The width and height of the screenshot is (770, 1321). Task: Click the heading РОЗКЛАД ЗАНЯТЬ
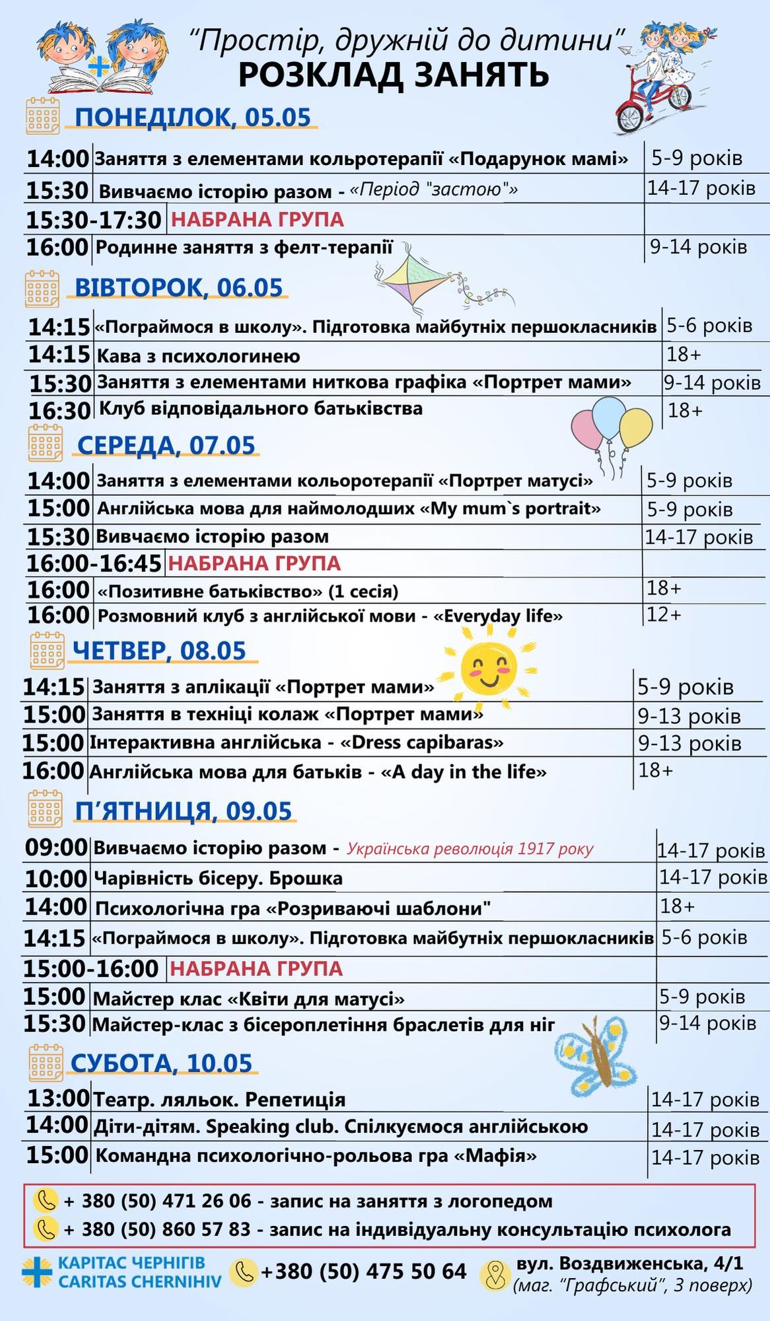(x=394, y=75)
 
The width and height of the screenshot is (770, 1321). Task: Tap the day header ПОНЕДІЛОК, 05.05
(x=192, y=117)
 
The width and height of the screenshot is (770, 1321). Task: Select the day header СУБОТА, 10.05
(x=161, y=1063)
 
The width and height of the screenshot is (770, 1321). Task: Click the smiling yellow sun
(x=489, y=667)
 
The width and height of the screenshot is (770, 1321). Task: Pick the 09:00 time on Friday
(x=56, y=847)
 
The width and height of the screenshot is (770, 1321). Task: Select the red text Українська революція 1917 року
(x=470, y=849)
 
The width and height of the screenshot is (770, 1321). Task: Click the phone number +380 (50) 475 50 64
(x=363, y=1271)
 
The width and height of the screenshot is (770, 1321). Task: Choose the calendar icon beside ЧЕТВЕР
(x=47, y=651)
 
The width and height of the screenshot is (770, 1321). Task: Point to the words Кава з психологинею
(x=198, y=356)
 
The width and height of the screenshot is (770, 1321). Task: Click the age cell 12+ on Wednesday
(x=663, y=614)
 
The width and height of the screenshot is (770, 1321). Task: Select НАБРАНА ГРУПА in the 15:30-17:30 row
(x=258, y=219)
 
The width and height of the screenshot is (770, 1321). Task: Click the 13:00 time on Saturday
(x=58, y=1098)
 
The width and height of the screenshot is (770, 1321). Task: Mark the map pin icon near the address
(x=494, y=1275)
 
